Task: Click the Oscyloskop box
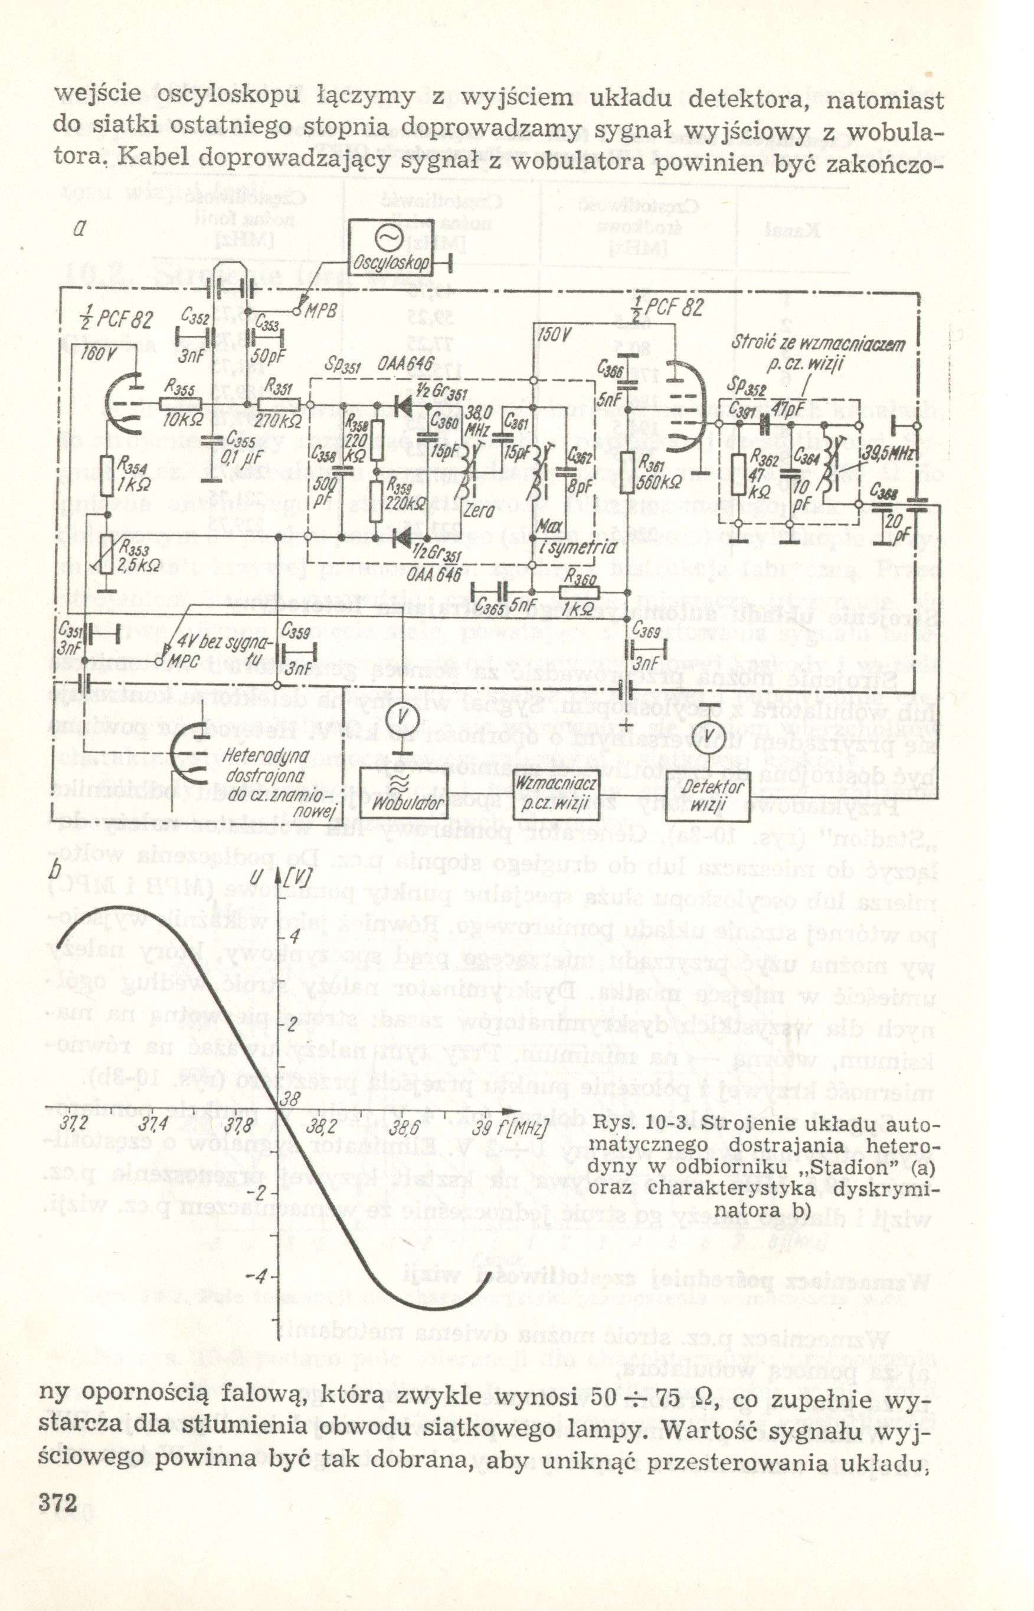point(390,246)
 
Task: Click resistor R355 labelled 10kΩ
point(181,404)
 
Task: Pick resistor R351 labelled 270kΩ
point(279,405)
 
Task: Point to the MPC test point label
point(180,660)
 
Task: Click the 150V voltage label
point(554,334)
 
